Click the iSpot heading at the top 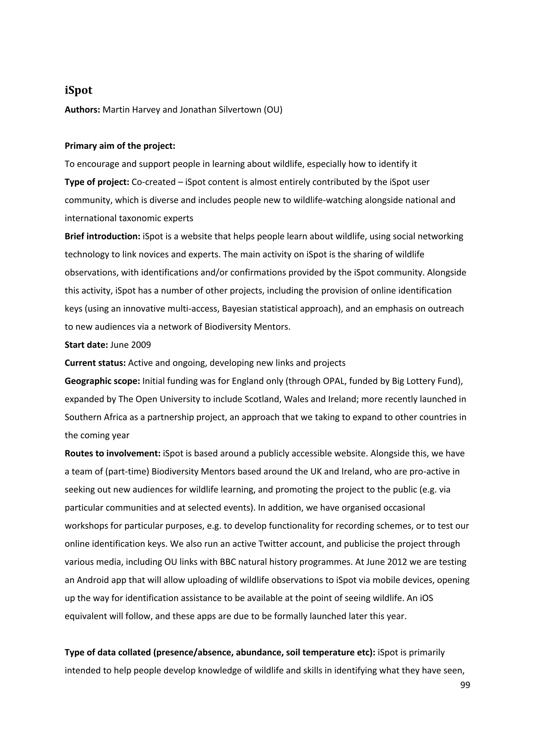[78, 90]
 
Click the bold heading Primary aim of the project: [120, 146]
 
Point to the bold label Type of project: [97, 182]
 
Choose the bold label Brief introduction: [102, 237]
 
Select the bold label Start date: [86, 345]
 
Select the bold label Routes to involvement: [112, 454]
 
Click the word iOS [426, 598]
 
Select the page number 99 [465, 685]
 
